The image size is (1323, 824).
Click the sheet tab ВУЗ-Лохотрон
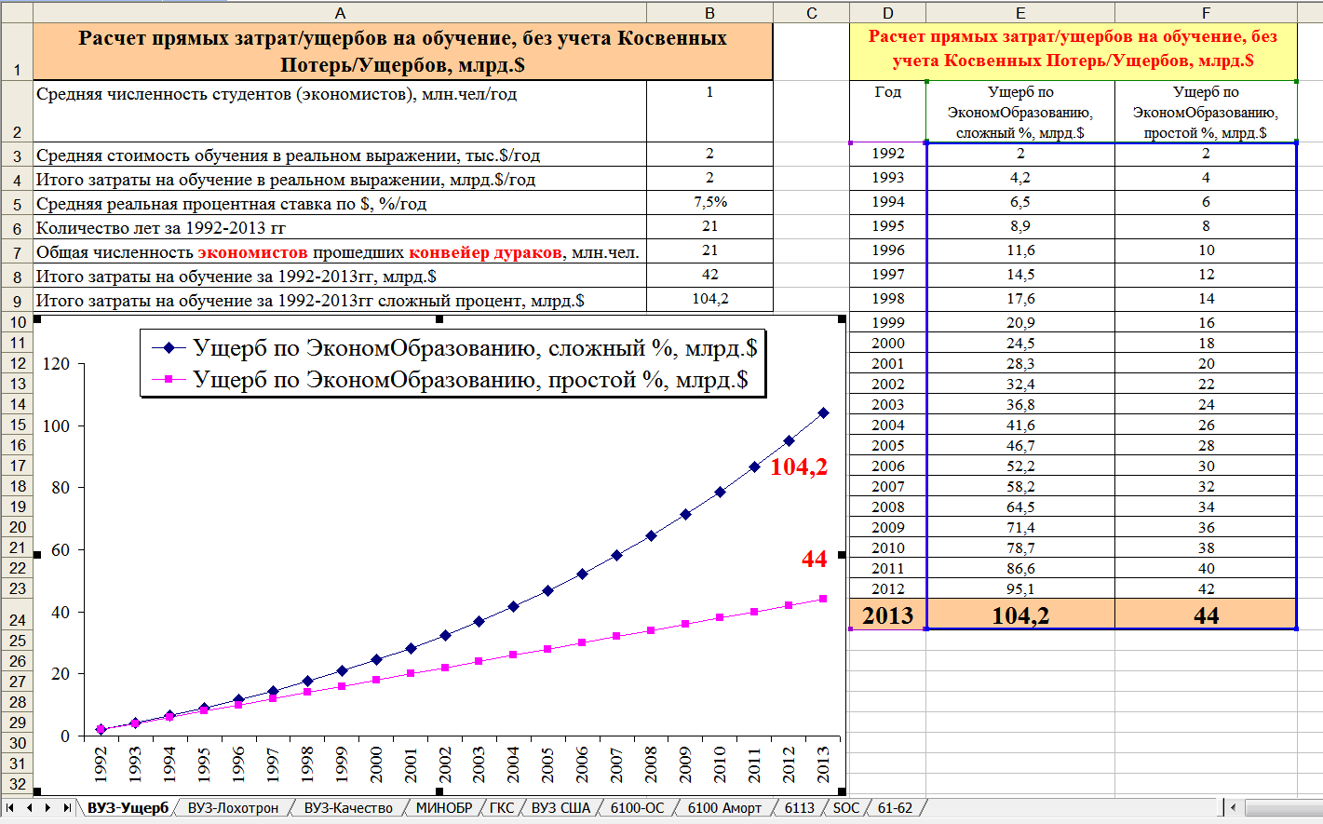click(233, 808)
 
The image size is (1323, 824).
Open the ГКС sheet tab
click(501, 808)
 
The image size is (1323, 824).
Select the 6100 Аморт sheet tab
click(724, 808)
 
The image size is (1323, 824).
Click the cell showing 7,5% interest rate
click(709, 203)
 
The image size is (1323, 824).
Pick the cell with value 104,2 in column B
click(709, 299)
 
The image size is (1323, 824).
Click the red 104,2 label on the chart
click(799, 467)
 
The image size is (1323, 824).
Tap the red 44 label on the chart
click(814, 559)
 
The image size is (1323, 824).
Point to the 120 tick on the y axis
click(57, 364)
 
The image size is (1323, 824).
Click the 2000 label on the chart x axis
click(376, 764)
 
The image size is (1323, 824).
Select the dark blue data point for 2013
click(823, 412)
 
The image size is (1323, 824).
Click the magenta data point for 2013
click(823, 599)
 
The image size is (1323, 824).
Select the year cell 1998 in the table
click(887, 299)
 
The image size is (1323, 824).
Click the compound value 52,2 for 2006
click(1020, 466)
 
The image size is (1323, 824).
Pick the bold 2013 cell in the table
click(887, 615)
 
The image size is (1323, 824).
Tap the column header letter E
click(1020, 13)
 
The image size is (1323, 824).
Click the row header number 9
click(17, 301)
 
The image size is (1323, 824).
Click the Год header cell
click(887, 92)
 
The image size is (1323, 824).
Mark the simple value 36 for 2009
click(1206, 528)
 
